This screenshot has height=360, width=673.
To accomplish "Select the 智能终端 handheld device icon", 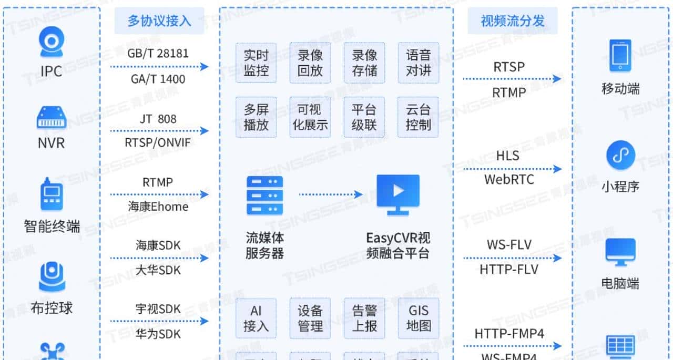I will pyautogui.click(x=52, y=194).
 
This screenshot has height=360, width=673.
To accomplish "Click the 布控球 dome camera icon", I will pyautogui.click(x=52, y=277).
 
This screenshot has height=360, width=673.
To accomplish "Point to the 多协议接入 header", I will pyautogui.click(x=159, y=21).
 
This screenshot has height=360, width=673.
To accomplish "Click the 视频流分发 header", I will pyautogui.click(x=512, y=21).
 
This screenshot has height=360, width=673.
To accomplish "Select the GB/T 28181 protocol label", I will pyautogui.click(x=158, y=53).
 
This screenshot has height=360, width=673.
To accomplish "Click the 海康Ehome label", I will pyautogui.click(x=158, y=207).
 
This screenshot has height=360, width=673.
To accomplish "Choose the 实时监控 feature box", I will pyautogui.click(x=256, y=63).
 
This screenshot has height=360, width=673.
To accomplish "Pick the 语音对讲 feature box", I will pyautogui.click(x=418, y=63).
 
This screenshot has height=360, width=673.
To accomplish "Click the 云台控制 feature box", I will pyautogui.click(x=418, y=117).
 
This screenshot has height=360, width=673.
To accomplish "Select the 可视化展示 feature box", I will pyautogui.click(x=310, y=117).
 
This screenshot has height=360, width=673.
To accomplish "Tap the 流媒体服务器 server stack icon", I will pyautogui.click(x=264, y=195).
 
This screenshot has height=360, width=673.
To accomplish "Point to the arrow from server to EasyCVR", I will pyautogui.click(x=331, y=194).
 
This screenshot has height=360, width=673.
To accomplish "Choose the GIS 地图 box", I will pyautogui.click(x=418, y=318).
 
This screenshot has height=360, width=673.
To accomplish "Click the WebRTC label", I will pyautogui.click(x=508, y=180).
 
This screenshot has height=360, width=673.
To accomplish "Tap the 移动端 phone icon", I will pyautogui.click(x=620, y=55).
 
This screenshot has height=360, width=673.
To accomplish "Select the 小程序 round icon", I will pyautogui.click(x=620, y=155).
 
